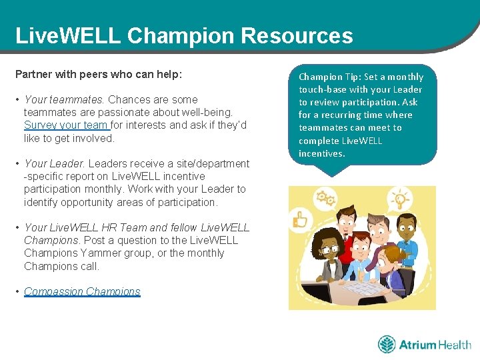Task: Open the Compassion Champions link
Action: tap(82, 291)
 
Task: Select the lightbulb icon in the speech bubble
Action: tap(400, 199)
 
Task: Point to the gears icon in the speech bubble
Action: tap(325, 197)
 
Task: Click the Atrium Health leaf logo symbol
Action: tap(387, 344)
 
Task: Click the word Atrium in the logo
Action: tap(417, 345)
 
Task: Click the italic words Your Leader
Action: tap(55, 163)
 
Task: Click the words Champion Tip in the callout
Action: tap(325, 77)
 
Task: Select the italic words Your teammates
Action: tap(64, 99)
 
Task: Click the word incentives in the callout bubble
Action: tap(321, 153)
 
